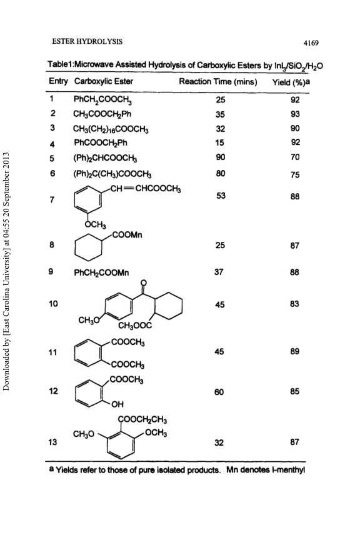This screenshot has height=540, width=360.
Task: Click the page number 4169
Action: [x=311, y=43]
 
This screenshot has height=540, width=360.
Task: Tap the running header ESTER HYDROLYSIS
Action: [x=87, y=42]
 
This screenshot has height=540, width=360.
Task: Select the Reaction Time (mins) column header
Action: [x=218, y=82]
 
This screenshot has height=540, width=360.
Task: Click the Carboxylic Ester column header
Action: [x=104, y=81]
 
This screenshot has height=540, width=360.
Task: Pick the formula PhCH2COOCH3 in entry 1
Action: [x=103, y=100]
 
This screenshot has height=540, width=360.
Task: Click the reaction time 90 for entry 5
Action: [x=221, y=157]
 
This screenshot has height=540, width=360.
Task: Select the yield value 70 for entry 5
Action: [x=295, y=157]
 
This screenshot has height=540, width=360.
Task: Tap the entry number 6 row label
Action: [x=52, y=173]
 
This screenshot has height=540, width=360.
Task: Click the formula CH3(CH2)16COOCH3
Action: [x=111, y=129]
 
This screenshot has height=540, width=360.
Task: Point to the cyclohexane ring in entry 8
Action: [x=88, y=246]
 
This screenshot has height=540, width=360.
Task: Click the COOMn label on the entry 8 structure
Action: [x=127, y=235]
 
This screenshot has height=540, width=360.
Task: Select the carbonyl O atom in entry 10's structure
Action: [x=144, y=282]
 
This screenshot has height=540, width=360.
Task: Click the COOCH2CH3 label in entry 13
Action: [x=142, y=420]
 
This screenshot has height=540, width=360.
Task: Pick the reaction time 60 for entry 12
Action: [x=219, y=392]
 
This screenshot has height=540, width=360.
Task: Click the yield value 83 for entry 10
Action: [x=294, y=304]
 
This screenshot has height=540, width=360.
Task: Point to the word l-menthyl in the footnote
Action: [x=291, y=470]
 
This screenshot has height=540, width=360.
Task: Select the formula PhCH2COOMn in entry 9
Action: [x=101, y=272]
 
